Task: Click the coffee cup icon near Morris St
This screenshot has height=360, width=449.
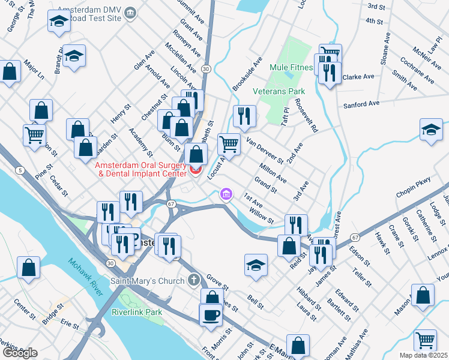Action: [x=211, y=315]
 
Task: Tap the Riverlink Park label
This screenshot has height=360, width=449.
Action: [x=137, y=313]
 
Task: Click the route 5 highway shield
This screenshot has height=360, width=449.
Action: [x=20, y=171]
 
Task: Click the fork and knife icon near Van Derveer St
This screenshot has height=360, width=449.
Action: [x=244, y=116]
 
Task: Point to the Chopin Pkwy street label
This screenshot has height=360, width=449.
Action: [x=414, y=196]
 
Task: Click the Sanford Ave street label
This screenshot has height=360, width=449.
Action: [x=361, y=104]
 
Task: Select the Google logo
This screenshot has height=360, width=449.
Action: [x=19, y=352]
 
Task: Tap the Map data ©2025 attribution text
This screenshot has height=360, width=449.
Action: [x=423, y=355]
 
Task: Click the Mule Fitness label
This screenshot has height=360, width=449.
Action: [x=291, y=68]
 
